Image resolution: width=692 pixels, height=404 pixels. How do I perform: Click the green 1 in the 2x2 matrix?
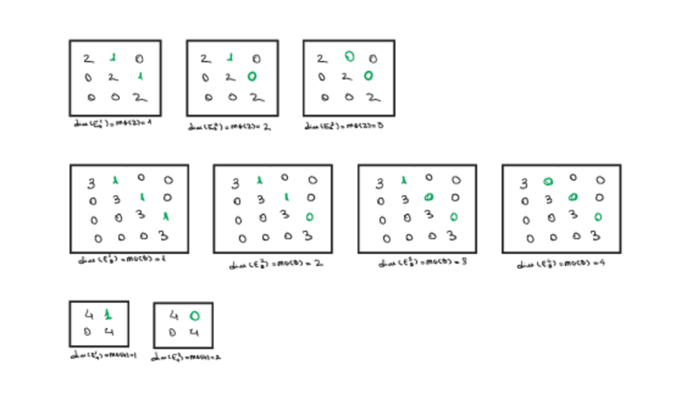point(109,313)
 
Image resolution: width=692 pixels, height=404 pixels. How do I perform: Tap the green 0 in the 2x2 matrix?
point(193,315)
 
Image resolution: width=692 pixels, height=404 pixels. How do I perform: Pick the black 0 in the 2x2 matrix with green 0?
point(172,332)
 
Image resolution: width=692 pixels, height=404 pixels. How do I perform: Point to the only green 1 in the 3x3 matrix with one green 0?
point(230,58)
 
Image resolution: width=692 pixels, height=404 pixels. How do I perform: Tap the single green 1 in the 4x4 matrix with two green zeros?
point(403,181)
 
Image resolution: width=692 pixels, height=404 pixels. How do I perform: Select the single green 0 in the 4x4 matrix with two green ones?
point(309,217)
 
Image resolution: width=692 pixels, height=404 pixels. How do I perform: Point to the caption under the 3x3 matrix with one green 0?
point(229,126)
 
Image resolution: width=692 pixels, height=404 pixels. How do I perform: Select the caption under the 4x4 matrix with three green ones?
point(119,260)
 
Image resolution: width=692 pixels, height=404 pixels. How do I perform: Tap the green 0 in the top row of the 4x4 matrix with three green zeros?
point(548,181)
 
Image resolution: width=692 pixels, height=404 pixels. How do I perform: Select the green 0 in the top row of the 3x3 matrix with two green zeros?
point(348,57)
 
